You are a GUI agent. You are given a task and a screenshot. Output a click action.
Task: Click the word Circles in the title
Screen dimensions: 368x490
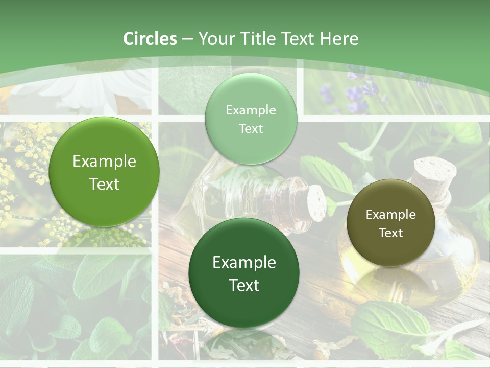150,39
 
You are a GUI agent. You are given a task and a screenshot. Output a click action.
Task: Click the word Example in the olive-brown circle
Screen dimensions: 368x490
391,215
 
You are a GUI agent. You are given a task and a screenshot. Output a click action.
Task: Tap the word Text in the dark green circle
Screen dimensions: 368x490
244,285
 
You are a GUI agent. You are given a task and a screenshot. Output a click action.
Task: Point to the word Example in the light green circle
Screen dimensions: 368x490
251,110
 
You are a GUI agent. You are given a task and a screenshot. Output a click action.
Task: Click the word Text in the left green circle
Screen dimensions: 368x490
104,184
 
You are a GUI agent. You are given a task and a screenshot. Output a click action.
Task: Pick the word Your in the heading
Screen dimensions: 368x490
217,39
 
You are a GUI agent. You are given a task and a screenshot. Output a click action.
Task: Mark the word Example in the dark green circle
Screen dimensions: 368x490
244,263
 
